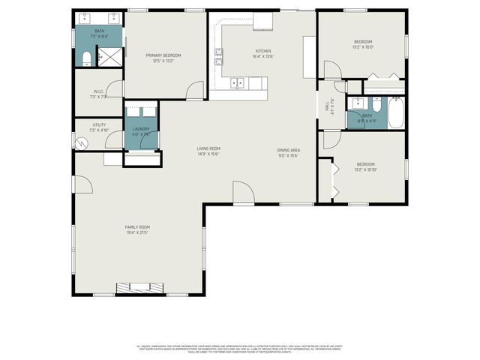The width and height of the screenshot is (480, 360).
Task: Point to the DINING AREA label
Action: tap(288, 149)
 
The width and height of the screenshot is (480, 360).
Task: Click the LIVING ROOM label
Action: tap(208, 148)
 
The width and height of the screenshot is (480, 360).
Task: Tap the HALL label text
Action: tap(328, 105)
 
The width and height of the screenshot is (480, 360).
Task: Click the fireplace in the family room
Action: tap(137, 286)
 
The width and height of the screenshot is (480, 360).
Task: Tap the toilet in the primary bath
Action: tap(85, 58)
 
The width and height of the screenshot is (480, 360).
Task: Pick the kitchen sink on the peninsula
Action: tap(239, 82)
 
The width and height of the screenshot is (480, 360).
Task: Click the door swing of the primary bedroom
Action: tap(194, 90)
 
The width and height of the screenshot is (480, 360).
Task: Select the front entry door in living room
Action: tap(243, 193)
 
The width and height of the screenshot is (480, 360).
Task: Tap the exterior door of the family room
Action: tap(84, 184)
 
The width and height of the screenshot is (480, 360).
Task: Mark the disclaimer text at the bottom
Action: tap(239, 349)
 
